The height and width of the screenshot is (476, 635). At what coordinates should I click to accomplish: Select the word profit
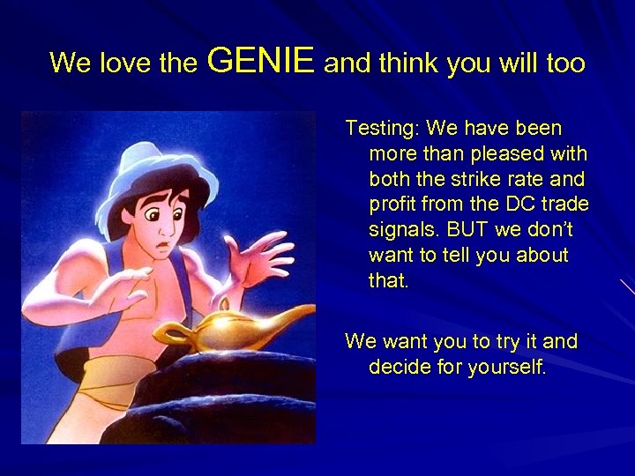tap(395, 205)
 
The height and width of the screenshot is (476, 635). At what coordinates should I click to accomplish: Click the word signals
tap(402, 231)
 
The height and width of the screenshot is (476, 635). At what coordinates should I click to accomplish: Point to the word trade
tap(565, 205)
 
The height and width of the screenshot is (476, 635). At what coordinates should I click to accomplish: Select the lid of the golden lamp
tap(213, 311)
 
